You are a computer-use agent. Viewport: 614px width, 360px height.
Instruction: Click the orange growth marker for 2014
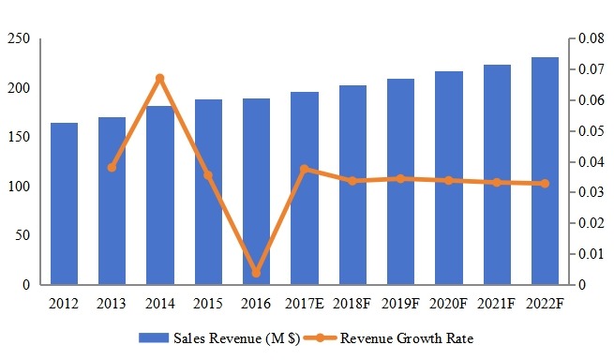(160, 78)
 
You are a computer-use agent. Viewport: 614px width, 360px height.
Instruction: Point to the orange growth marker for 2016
(256, 273)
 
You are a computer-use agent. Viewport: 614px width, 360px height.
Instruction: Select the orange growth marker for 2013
(112, 167)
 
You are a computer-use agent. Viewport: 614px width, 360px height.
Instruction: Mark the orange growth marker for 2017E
(305, 169)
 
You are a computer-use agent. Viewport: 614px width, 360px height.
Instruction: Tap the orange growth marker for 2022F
(545, 184)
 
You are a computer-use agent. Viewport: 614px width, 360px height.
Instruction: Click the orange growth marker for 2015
(208, 175)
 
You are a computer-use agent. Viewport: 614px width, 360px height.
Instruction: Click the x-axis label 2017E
(305, 304)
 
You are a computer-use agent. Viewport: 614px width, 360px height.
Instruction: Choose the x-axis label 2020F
(448, 304)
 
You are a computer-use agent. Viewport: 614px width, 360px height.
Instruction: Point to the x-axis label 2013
(112, 304)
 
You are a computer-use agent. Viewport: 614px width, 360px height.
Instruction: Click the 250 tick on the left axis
(19, 39)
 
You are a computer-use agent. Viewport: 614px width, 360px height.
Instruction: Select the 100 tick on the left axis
(19, 187)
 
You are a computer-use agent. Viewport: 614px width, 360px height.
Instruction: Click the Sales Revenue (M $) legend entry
(219, 337)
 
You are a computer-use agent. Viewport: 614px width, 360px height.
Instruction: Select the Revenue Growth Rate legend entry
(408, 337)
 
